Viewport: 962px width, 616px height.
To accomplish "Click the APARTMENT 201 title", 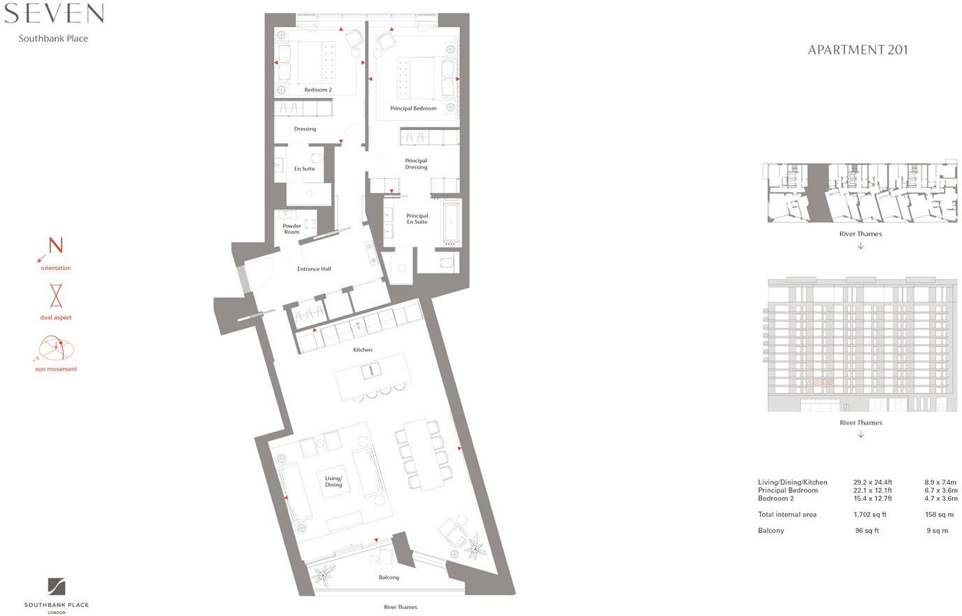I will click(858, 50).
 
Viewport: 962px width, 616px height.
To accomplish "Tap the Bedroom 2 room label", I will click(318, 90).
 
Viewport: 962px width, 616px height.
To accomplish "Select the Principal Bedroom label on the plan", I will click(413, 108).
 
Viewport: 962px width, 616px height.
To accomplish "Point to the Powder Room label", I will click(292, 229).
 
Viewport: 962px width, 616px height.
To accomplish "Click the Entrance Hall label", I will click(314, 268).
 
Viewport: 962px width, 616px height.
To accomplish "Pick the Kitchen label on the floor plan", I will click(362, 350).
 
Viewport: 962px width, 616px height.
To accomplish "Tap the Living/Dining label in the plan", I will click(333, 482).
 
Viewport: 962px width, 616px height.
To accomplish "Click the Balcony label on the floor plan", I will click(389, 578).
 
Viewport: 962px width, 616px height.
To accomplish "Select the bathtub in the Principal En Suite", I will click(450, 222).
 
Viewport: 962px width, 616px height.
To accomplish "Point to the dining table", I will click(423, 454).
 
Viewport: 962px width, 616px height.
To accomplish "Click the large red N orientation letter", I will click(56, 246).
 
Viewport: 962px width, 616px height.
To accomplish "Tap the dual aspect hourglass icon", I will click(56, 296).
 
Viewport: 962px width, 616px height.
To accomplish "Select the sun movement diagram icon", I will click(56, 348).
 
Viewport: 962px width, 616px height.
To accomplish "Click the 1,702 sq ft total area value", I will click(870, 515).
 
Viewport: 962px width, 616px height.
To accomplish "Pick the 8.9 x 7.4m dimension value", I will click(940, 482).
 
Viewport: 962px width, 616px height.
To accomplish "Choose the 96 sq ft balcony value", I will click(867, 531).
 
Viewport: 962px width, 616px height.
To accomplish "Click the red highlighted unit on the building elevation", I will click(823, 382).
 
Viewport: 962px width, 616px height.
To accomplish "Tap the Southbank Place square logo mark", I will click(57, 587).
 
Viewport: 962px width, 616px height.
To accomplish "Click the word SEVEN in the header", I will click(54, 13).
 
